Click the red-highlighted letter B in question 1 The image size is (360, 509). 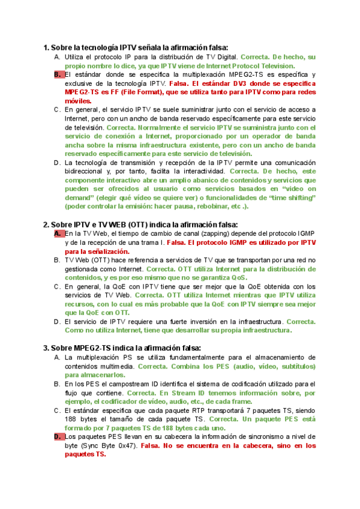[58, 74]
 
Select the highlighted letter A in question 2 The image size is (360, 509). [58, 233]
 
